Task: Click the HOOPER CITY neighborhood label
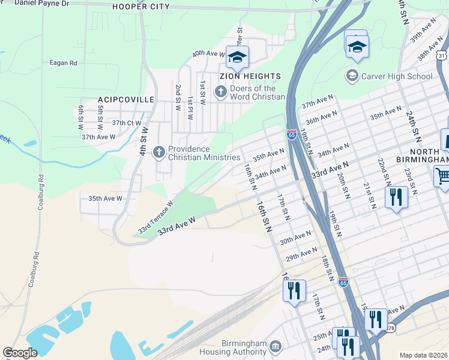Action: pyautogui.click(x=141, y=7)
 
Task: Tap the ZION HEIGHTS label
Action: pyautogui.click(x=250, y=76)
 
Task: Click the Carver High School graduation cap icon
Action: pyautogui.click(x=352, y=76)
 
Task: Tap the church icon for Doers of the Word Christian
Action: pyautogui.click(x=220, y=92)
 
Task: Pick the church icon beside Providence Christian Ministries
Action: pyautogui.click(x=159, y=152)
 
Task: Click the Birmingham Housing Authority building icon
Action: pyautogui.click(x=276, y=346)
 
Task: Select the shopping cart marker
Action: pyautogui.click(x=443, y=176)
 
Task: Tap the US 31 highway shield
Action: pyautogui.click(x=442, y=56)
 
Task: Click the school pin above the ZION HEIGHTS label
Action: pyautogui.click(x=237, y=57)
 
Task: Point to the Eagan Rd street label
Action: pyautogui.click(x=64, y=62)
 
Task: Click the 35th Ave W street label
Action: pyautogui.click(x=105, y=198)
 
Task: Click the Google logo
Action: pyautogui.click(x=20, y=353)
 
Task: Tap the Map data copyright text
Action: pyautogui.click(x=423, y=355)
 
